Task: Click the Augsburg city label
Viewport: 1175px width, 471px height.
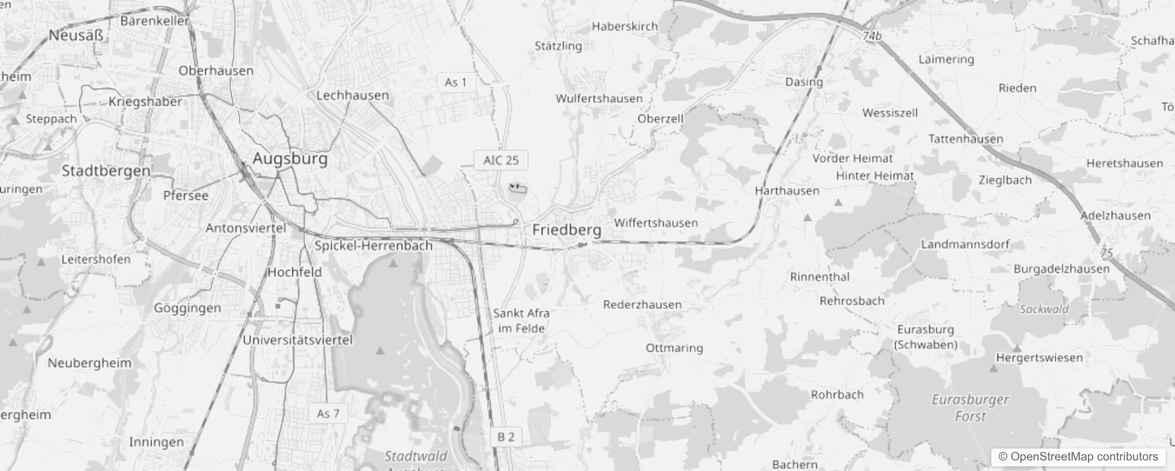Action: [290, 159]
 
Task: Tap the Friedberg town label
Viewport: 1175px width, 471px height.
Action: [566, 230]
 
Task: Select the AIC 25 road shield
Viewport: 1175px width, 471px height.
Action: [501, 160]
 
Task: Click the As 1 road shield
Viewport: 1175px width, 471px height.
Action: [456, 82]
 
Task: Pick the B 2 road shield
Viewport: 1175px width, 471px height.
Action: [506, 437]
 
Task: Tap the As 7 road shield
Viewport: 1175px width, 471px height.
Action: [328, 413]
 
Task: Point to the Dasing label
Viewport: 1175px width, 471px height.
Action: [804, 82]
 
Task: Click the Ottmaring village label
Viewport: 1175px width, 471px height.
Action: [674, 347]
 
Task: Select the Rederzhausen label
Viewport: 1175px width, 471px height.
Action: [642, 304]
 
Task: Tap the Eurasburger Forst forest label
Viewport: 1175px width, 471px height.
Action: [970, 408]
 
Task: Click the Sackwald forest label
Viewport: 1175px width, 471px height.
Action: [1044, 309]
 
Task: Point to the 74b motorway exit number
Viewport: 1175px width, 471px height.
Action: [872, 37]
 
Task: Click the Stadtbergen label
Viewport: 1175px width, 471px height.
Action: [106, 171]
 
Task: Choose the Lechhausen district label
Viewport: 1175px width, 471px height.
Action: [353, 95]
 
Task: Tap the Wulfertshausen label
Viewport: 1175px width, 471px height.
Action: [599, 98]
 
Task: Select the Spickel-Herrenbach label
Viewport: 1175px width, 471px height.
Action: [373, 246]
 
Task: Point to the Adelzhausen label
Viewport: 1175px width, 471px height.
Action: [1115, 215]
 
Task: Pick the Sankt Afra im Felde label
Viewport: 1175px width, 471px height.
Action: [521, 321]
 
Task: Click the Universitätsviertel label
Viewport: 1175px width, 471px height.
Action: [297, 340]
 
